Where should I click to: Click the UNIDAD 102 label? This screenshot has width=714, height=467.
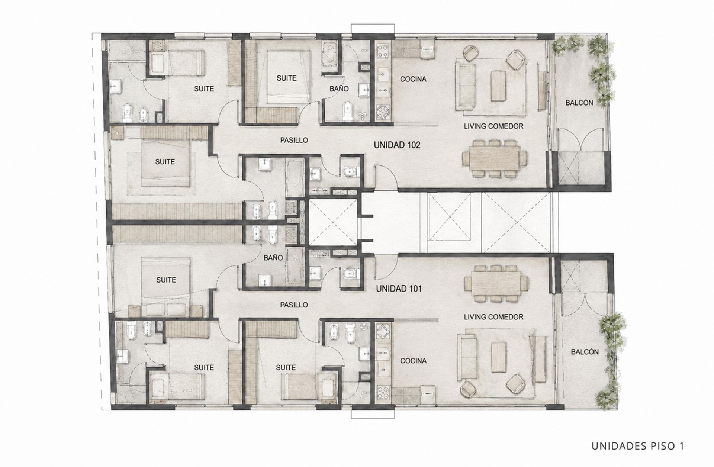(x=397, y=145)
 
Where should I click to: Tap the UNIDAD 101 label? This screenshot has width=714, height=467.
(x=399, y=289)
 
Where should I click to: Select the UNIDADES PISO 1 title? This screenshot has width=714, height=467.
(x=637, y=446)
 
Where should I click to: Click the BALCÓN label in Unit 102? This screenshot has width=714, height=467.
(x=579, y=103)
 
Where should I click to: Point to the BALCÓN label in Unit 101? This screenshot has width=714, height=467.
(x=585, y=352)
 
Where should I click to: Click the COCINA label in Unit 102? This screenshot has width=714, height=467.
(x=413, y=79)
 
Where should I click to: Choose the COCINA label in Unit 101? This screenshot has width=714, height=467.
(x=413, y=361)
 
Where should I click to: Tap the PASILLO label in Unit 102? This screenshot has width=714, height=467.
(x=294, y=140)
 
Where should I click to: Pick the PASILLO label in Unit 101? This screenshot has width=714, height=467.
(x=294, y=305)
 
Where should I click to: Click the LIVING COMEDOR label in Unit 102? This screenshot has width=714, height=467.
(x=493, y=126)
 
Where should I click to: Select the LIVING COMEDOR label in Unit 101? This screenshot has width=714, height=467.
(x=493, y=317)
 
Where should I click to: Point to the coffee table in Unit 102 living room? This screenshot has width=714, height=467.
(x=498, y=86)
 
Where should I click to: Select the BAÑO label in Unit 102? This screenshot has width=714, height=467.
(x=339, y=89)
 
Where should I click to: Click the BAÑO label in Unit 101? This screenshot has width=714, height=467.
(x=273, y=258)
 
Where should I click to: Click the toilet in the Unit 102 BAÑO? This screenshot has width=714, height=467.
(x=348, y=111)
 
